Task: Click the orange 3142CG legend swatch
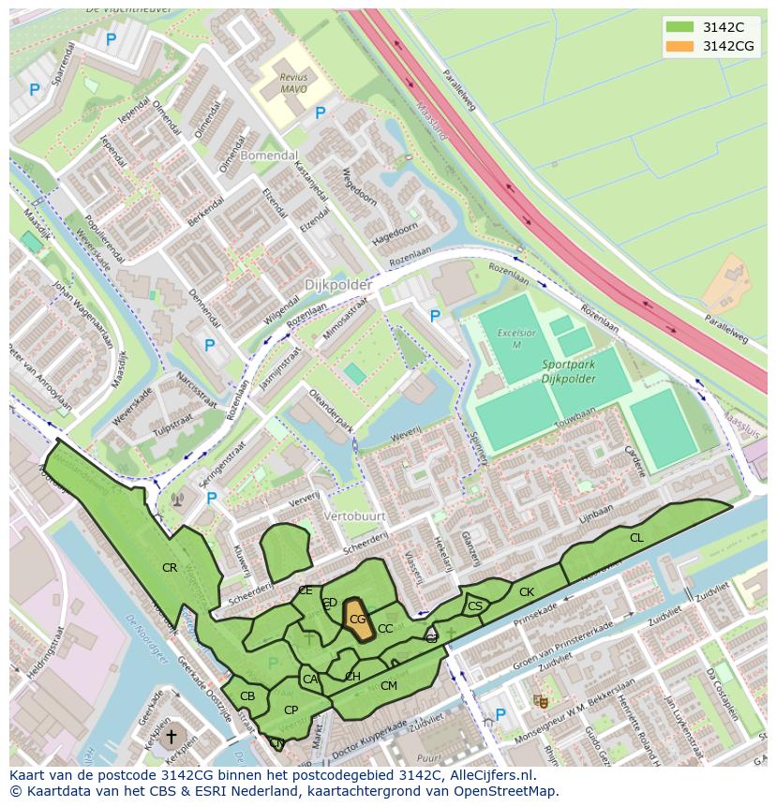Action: coord(680,46)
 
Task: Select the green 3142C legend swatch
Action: coord(680,27)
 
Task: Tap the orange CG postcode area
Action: coord(357,620)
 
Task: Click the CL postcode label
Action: coord(636,538)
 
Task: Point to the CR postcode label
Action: coord(170,568)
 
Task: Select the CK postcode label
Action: coord(527,592)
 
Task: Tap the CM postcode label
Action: coord(388,686)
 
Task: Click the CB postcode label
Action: coord(247,696)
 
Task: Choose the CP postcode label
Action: coord(291,710)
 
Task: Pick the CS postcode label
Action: coord(475,606)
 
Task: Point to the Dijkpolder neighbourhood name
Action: coord(337,284)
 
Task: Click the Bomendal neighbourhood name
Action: coord(269,156)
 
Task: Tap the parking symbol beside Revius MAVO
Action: coord(320,113)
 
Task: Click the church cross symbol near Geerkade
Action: coord(171,738)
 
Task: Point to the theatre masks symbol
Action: coord(541,700)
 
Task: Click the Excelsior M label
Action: coord(516,337)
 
